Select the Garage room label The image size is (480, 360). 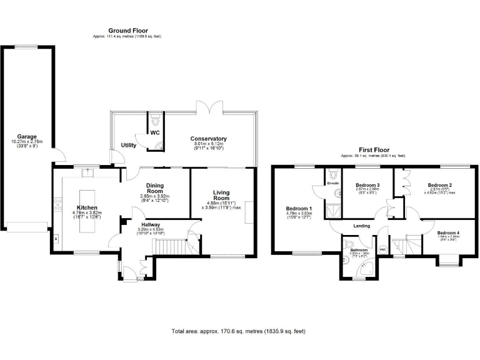(x=27, y=136)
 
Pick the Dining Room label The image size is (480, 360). (x=154, y=188)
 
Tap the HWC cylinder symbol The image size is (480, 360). (x=382, y=251)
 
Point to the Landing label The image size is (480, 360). (x=361, y=226)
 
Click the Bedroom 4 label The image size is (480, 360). (x=447, y=232)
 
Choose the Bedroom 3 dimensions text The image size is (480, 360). (x=367, y=192)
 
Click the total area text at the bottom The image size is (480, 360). (x=238, y=331)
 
